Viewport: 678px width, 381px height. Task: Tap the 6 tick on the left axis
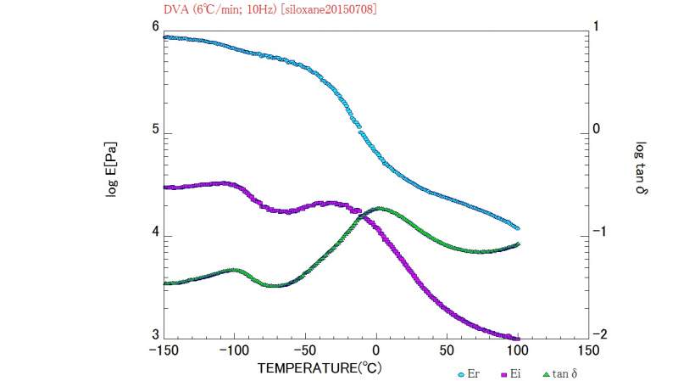pyautogui.click(x=154, y=27)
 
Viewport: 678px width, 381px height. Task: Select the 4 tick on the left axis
pyautogui.click(x=154, y=236)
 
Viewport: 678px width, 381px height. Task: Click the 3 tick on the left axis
pyautogui.click(x=154, y=338)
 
